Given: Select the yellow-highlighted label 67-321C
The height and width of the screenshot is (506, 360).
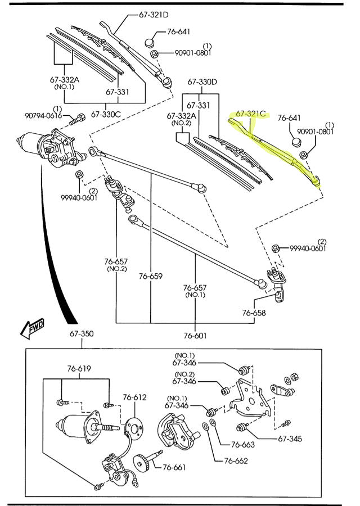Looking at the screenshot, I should coord(251,114).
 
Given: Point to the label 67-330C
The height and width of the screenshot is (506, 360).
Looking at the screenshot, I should coord(106,115).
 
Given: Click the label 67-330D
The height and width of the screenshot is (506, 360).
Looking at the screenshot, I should coord(202,82).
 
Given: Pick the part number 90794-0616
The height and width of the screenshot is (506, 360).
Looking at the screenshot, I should coord(43,116).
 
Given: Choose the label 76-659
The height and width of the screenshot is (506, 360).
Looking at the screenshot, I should coord(151,276).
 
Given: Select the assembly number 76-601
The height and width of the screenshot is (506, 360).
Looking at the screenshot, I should coord(195,336).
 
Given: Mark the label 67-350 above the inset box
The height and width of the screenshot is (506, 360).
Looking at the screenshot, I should coord(82,334).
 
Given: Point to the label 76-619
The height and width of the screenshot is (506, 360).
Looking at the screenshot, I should coord(79,369).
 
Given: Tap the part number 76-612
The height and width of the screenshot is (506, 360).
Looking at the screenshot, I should coord(135,397).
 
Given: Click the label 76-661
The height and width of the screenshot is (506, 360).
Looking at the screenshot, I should coord(175,467).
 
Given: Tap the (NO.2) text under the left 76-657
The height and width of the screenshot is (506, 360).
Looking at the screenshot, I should coord(115,269).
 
